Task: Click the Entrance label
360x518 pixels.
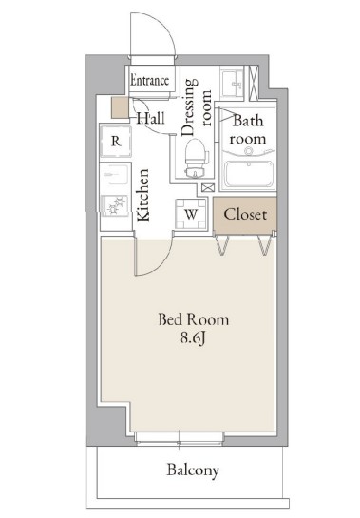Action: point(150,80)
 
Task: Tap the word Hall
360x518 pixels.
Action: point(151,118)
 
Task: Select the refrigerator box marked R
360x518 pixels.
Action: point(116,141)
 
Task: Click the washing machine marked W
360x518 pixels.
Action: point(191,214)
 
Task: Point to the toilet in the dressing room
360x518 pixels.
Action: point(196,158)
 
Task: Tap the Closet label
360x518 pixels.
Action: point(245,215)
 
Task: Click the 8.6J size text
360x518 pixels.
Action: point(193,338)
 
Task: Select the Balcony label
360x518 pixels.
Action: point(193,470)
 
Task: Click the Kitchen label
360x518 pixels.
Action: point(143,195)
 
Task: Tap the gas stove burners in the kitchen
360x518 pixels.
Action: point(115,205)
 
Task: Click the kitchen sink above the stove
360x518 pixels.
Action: point(115,175)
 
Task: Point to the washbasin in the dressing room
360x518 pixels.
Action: point(232,84)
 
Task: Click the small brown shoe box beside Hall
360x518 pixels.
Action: point(120,107)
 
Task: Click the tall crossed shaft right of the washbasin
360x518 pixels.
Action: point(254,83)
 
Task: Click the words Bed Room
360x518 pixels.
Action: point(193,319)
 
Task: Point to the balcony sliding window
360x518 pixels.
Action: point(180,438)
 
